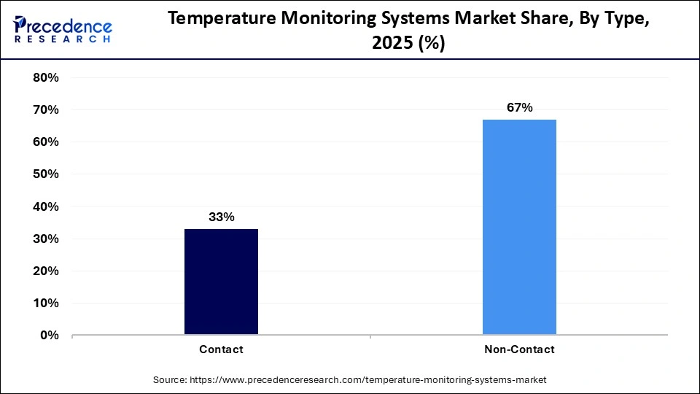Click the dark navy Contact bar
click(221, 282)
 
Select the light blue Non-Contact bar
click(519, 227)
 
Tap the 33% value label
click(221, 217)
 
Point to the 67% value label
click(519, 108)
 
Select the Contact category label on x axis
click(221, 349)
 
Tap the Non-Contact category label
click(519, 349)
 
